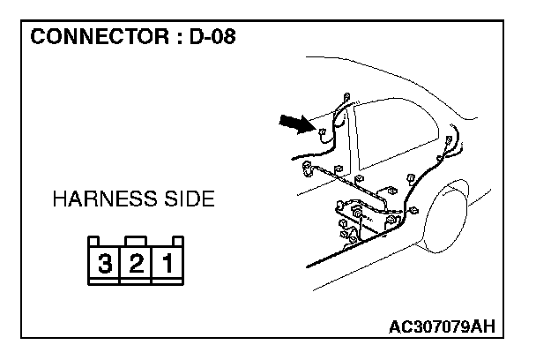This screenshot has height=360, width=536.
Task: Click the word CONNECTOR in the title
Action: click(x=93, y=38)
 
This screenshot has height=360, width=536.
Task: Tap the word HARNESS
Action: click(x=100, y=199)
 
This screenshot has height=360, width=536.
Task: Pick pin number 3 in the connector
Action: click(x=105, y=262)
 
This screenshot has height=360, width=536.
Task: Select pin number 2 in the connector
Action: click(x=136, y=262)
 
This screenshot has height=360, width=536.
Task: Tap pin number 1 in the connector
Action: click(x=167, y=262)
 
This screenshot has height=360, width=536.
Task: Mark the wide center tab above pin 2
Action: click(x=136, y=239)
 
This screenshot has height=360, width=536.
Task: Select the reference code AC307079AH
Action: click(x=441, y=327)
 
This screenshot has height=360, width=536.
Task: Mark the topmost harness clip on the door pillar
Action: click(x=345, y=97)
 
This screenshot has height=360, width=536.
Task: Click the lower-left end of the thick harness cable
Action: click(x=309, y=264)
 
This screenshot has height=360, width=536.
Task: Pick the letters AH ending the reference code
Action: click(x=481, y=327)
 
